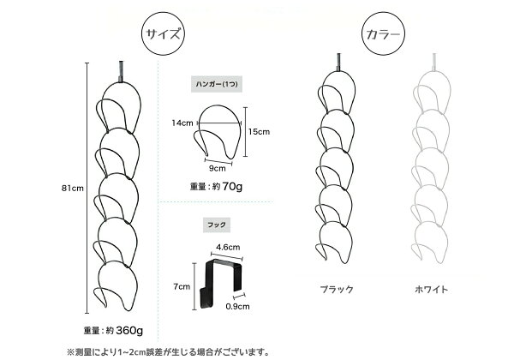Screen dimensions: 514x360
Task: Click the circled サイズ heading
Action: [163, 34]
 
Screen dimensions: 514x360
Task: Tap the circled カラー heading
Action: [383, 34]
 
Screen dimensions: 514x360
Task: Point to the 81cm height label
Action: [73, 189]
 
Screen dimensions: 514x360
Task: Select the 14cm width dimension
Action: [182, 123]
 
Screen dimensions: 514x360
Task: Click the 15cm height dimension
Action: [259, 132]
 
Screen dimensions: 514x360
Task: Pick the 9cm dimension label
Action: [218, 168]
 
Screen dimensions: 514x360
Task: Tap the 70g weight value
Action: [232, 187]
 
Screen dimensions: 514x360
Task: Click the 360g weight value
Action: [129, 330]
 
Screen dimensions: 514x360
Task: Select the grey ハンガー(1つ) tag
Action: [217, 84]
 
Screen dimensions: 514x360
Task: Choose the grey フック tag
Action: [217, 225]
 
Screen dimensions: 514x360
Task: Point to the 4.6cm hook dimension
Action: [228, 247]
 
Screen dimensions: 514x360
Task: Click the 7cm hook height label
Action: [182, 286]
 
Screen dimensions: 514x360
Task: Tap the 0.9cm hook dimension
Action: [237, 307]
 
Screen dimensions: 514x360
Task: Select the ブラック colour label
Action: [337, 289]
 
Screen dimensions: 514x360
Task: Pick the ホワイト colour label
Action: [432, 289]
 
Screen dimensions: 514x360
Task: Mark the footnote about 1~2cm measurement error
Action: [168, 352]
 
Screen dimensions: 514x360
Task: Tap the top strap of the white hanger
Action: [434, 63]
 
